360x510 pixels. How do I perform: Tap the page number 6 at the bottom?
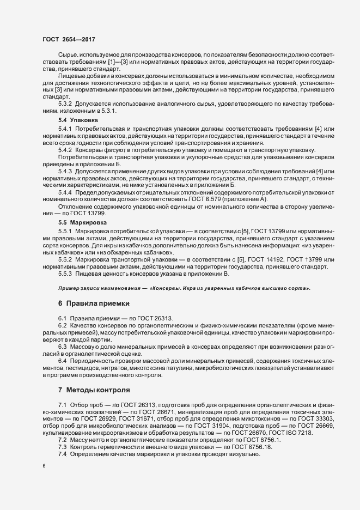pos(44,466)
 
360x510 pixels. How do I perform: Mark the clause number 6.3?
pos(63,346)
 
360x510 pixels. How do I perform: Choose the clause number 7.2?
pos(63,439)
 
